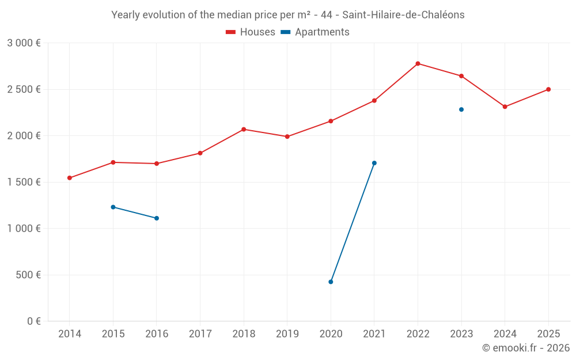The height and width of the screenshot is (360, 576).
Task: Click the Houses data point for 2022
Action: pos(418,63)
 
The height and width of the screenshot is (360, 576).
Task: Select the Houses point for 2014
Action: pos(70,178)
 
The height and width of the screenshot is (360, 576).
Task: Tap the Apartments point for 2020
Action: pos(331,282)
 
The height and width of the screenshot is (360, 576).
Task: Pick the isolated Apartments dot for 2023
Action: pos(461,109)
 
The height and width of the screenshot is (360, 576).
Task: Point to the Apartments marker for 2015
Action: pos(113,207)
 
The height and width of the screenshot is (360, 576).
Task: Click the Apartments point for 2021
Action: pos(374,163)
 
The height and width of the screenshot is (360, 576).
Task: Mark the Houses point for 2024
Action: pos(505,107)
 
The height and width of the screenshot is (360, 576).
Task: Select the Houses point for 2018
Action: pos(244,129)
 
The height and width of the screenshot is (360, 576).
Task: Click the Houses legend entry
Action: pos(251,32)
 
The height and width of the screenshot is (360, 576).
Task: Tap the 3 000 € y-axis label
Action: pos(24,43)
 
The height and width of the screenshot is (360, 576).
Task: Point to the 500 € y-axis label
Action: pos(28,275)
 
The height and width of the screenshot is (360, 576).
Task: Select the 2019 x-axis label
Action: pos(287,334)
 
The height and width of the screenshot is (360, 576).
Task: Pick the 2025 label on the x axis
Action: pos(548,334)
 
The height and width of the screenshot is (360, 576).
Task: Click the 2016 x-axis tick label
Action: pos(157,334)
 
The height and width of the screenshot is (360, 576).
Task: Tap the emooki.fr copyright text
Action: pos(526,348)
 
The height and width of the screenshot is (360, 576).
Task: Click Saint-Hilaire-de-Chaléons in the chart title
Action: pos(403,15)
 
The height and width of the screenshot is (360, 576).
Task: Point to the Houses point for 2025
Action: pos(548,89)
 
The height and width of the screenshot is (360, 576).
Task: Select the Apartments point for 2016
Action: pos(157,218)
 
